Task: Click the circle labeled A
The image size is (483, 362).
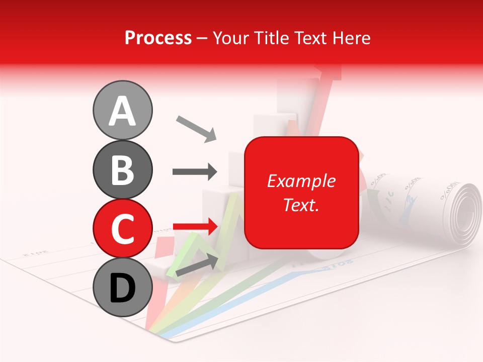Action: tap(122, 110)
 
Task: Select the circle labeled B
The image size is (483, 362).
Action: tap(122, 169)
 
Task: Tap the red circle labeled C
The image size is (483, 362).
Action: tap(122, 229)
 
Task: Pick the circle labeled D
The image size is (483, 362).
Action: tap(122, 288)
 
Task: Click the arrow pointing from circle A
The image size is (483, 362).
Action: tap(196, 128)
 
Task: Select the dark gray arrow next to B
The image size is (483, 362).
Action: tap(195, 171)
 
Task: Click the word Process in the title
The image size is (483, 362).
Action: tap(158, 38)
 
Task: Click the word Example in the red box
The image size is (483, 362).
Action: tap(301, 181)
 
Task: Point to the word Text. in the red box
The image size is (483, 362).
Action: tap(301, 205)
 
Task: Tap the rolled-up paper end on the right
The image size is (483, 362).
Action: tap(462, 211)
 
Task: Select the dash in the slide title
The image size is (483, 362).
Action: tap(202, 38)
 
